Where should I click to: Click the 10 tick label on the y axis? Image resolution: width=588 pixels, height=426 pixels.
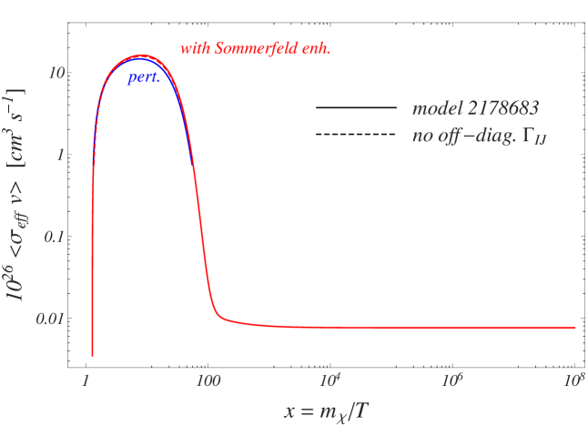click(55, 73)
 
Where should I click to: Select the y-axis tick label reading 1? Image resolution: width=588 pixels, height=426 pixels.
click(58, 155)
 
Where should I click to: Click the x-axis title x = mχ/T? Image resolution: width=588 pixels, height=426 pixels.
click(325, 411)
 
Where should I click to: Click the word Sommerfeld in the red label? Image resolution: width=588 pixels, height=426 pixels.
click(256, 48)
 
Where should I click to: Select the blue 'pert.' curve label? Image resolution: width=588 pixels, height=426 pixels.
click(144, 79)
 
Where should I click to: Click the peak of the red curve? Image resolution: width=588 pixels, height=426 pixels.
click(144, 56)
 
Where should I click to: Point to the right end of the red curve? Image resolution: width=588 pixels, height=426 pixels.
click(575, 327)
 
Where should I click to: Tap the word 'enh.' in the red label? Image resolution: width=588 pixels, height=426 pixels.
click(315, 48)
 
